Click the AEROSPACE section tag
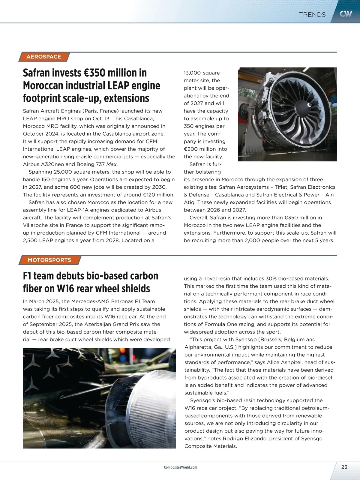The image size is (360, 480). (44, 57)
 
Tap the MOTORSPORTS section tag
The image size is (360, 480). (49, 260)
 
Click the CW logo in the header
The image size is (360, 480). (346, 14)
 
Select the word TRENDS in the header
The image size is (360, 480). (312, 15)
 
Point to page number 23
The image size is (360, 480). (344, 467)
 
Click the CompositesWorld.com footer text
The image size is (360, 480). (181, 467)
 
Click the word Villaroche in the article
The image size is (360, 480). (36, 225)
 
